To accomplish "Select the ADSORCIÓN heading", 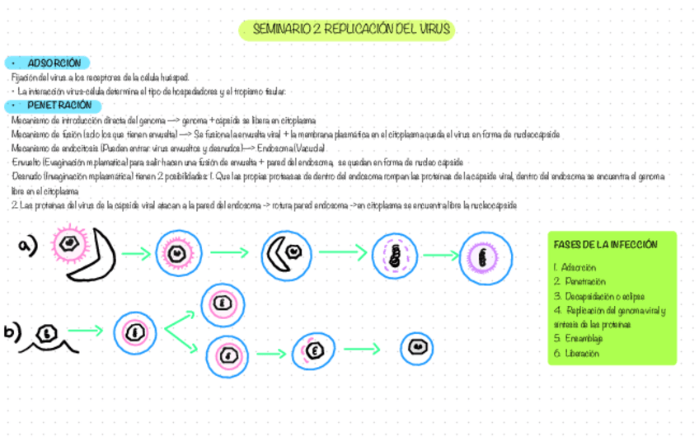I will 53,63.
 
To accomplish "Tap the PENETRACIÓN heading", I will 58,106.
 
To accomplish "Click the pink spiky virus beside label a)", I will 70,242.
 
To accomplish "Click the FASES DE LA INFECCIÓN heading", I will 605,245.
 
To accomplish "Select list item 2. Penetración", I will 580,281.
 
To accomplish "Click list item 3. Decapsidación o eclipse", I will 598,296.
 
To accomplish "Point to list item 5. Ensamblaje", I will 580,339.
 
